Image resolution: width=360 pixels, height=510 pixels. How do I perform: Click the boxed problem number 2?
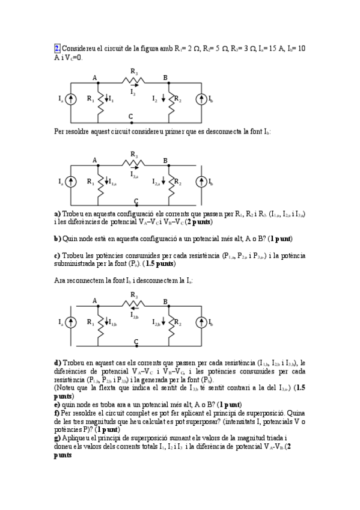click(x=57, y=48)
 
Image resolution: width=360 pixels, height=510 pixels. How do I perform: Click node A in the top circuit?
click(x=95, y=78)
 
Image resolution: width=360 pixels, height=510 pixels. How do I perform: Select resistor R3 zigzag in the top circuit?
click(x=133, y=79)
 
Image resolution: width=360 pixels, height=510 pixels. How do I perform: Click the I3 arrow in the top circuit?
click(x=133, y=87)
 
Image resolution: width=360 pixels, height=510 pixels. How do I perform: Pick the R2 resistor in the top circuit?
click(x=171, y=99)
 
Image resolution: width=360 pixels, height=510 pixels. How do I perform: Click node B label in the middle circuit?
click(x=165, y=160)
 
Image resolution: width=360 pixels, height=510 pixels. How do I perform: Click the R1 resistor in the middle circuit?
click(x=99, y=181)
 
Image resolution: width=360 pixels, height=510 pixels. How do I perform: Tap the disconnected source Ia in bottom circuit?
click(x=71, y=323)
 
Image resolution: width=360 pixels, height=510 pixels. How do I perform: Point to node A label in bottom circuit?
click(x=95, y=301)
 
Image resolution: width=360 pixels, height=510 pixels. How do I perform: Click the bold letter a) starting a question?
click(x=57, y=214)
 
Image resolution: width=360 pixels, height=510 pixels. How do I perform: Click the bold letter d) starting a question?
click(x=57, y=363)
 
